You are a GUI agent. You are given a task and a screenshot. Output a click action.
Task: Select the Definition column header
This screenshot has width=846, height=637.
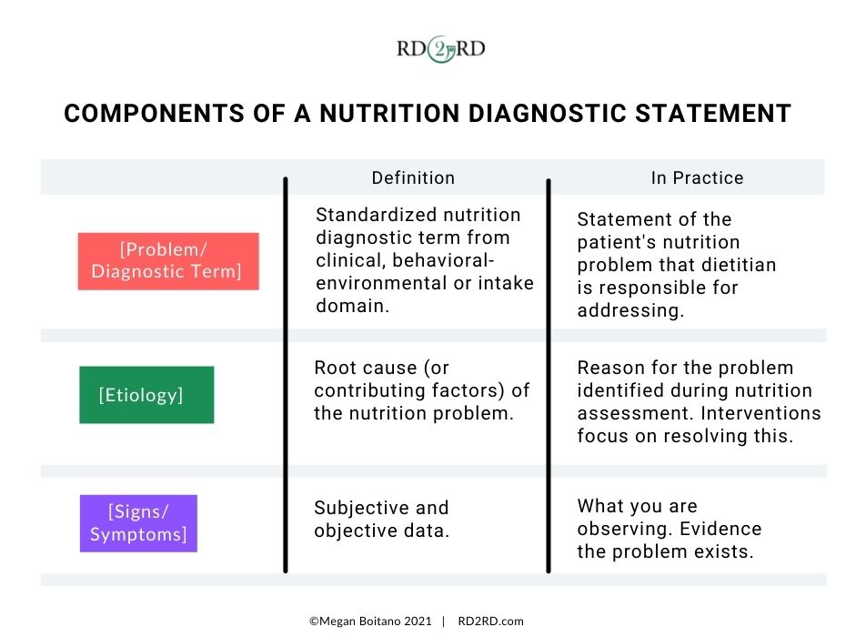coord(413,178)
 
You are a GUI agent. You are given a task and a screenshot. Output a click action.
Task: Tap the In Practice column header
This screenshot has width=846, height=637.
coord(697,178)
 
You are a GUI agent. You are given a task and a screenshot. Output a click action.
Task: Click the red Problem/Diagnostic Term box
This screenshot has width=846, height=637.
coord(168,261)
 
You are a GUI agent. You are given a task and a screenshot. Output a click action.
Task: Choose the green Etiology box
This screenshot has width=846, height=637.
coord(146,395)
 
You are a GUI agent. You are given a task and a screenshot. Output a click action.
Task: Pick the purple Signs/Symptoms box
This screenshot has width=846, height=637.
coord(138,522)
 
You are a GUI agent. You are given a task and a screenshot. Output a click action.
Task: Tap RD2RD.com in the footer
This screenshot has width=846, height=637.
coord(491,622)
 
